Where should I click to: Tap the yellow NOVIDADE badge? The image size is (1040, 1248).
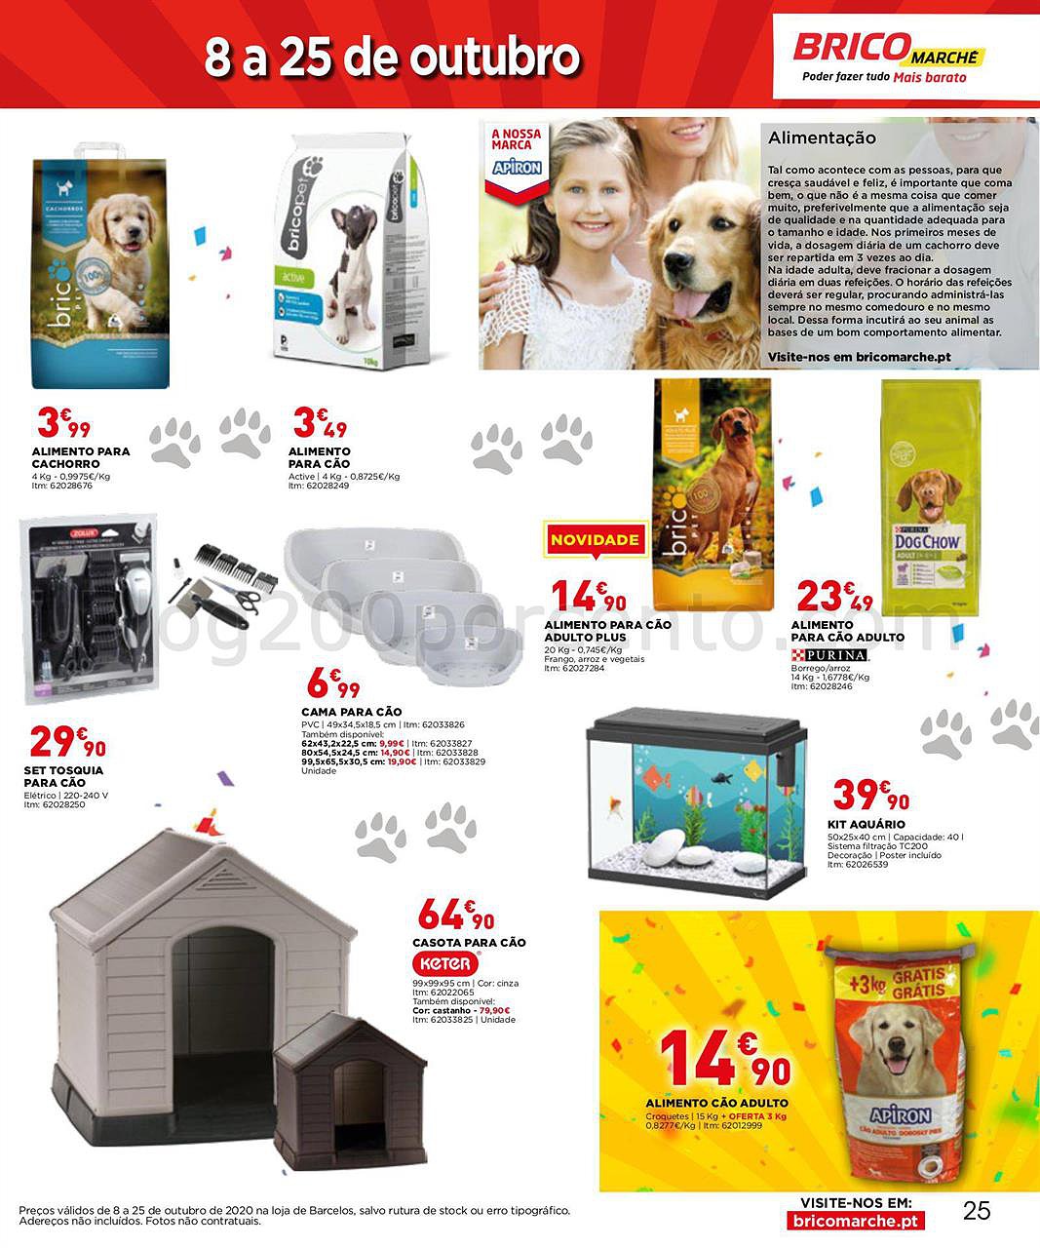coord(595,539)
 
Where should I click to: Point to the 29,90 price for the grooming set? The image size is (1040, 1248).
coord(66,743)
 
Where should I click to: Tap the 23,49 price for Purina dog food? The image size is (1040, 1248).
coord(834,597)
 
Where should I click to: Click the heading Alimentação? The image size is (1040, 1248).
coord(822,138)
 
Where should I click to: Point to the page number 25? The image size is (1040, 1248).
coord(976,1211)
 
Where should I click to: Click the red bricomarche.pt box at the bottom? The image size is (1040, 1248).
coord(855,1221)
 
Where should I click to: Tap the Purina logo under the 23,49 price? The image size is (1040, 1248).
coord(828,655)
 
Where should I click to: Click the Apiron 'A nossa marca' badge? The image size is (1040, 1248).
coord(516,153)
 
